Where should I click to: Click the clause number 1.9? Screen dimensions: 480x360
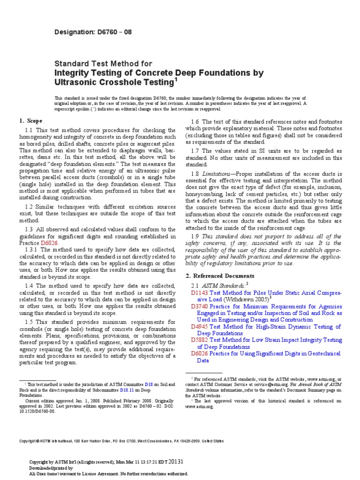[x=196, y=236]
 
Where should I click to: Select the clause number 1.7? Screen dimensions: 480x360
[x=196, y=150]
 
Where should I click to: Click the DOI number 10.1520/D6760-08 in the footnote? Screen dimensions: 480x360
[x=37, y=411]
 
